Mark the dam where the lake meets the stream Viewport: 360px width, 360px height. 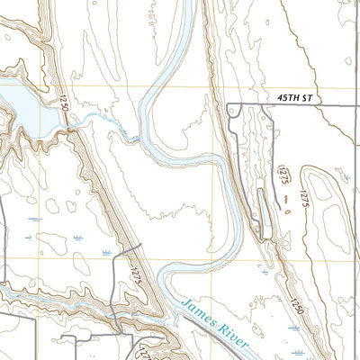69,131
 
